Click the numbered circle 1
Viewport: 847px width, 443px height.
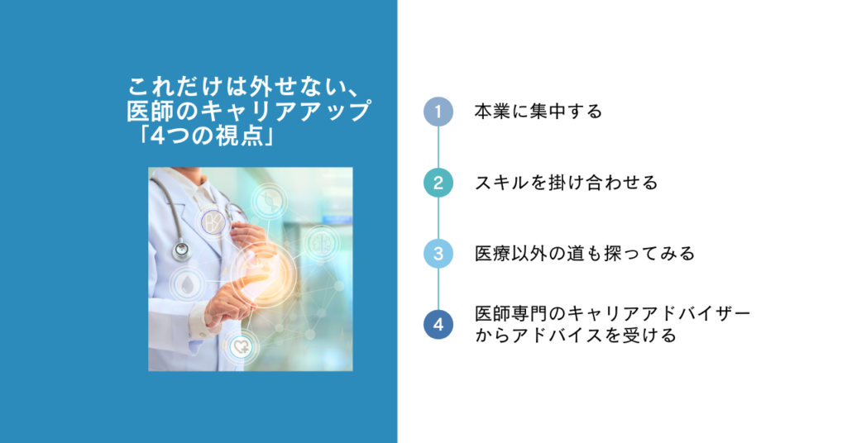(438, 112)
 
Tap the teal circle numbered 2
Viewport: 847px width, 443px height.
(438, 183)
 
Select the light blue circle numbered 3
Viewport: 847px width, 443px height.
(438, 254)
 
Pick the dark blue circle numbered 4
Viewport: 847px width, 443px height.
(438, 324)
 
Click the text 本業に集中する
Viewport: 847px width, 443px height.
(538, 112)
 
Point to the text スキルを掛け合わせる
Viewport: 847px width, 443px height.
(566, 183)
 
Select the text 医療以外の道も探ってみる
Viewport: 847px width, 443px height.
(585, 254)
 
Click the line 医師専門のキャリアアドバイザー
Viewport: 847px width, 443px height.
(613, 313)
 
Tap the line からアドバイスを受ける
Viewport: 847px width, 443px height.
(576, 336)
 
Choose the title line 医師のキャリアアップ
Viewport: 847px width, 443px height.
(249, 111)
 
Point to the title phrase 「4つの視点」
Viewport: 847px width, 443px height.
(205, 136)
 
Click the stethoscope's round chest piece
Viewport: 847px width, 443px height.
(181, 250)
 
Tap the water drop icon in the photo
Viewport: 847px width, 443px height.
(187, 284)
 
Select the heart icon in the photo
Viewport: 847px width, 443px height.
(241, 346)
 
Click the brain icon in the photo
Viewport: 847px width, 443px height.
(322, 244)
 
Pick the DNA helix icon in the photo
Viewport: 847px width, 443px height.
(269, 202)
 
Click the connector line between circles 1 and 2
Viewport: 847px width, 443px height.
(438, 147)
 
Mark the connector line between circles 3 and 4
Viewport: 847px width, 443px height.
(438, 289)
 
